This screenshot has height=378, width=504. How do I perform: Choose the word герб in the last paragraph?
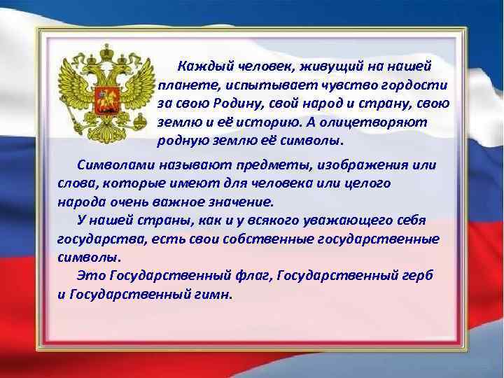(416, 276)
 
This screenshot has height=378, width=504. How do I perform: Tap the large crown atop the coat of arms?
(108, 52)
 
